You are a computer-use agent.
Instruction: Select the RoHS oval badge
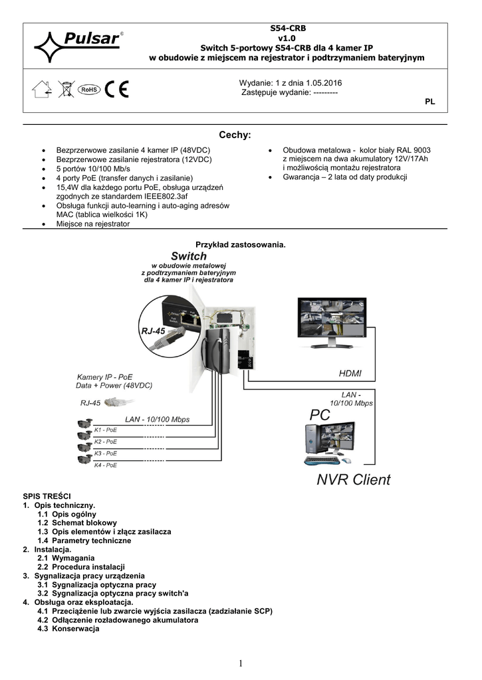88,90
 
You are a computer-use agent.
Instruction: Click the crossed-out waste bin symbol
66,90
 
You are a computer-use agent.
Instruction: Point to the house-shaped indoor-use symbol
42,90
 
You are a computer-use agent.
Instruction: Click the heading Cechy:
235,135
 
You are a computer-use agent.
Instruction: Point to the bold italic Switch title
189,256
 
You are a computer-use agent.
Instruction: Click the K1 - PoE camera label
106,430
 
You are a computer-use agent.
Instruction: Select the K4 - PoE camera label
106,466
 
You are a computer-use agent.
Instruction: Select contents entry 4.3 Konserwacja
68,629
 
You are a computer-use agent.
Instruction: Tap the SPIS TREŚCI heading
51,496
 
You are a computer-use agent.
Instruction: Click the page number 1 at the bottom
240,663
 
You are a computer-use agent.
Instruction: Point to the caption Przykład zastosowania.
240,244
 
